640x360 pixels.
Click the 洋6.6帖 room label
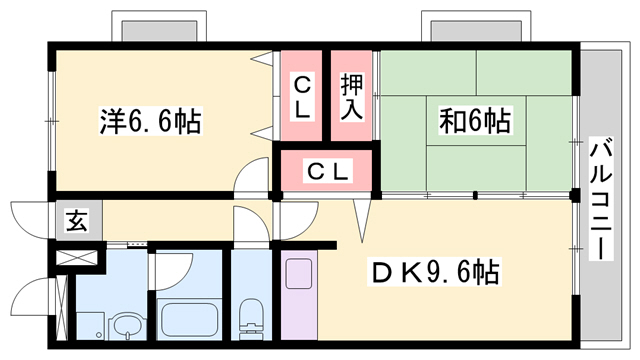[151, 122]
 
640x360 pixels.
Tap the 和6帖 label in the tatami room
[473, 122]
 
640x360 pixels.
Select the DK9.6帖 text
[437, 270]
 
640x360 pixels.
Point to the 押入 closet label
[351, 96]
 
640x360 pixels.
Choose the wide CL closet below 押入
[327, 171]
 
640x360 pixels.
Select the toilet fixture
[250, 321]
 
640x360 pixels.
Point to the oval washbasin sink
[127, 325]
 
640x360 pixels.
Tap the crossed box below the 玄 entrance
[76, 256]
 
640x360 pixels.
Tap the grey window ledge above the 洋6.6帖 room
[165, 28]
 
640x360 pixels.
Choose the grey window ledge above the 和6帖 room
[464, 28]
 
